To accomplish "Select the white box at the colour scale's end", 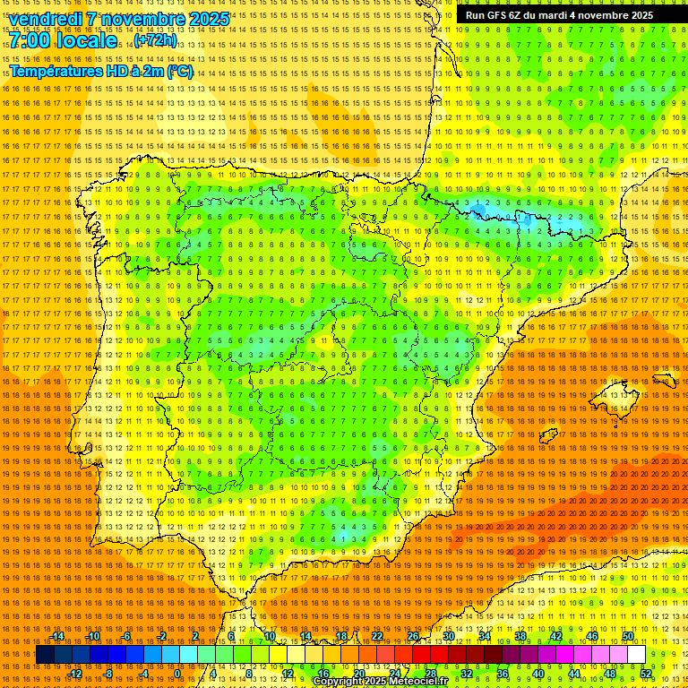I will coord(636,655).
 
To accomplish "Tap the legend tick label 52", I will coord(646,674).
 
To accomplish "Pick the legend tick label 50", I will coord(628,636).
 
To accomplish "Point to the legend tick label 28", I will coord(430,674).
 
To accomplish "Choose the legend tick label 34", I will coord(484,636).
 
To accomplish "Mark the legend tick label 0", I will coord(178,674).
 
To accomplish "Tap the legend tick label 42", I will coord(555,636).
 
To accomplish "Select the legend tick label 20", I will coord(358,674).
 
